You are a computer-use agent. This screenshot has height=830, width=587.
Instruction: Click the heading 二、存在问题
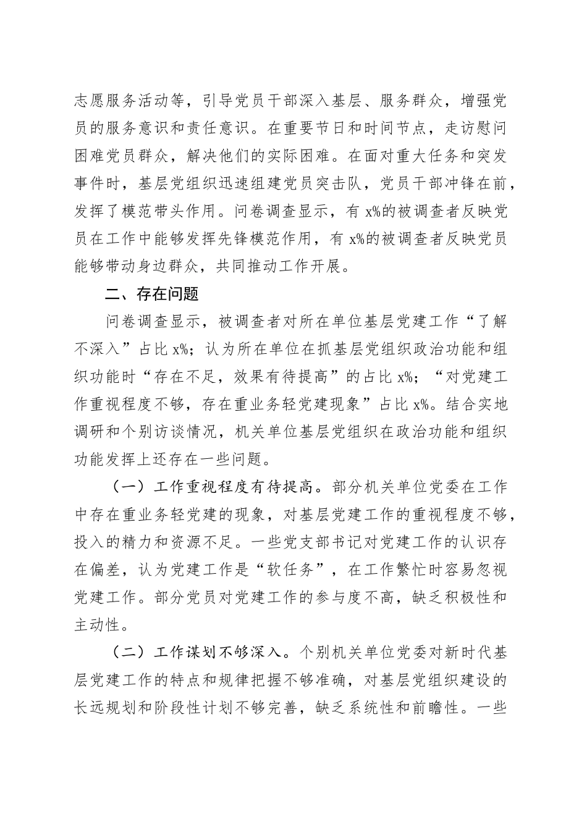[151, 294]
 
